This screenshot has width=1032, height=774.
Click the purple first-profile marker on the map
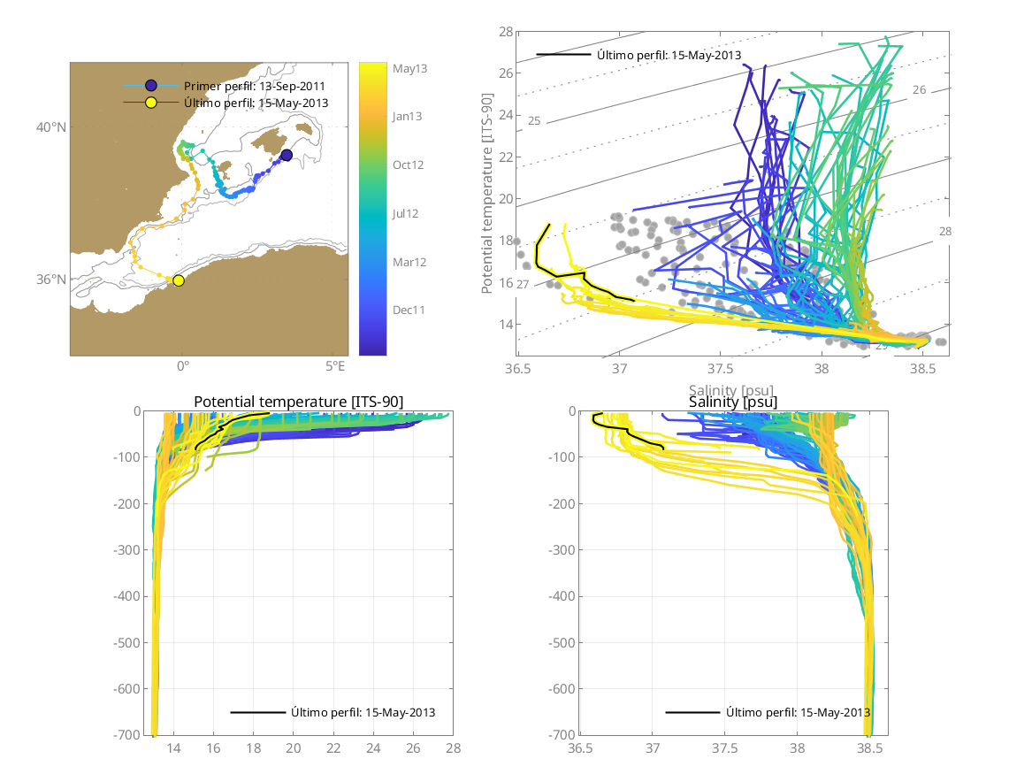tap(287, 156)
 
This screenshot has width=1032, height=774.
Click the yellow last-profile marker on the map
tap(179, 280)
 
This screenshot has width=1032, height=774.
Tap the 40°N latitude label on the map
tap(51, 127)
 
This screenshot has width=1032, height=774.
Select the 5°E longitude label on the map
tap(334, 365)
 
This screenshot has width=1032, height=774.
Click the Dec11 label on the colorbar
tap(408, 310)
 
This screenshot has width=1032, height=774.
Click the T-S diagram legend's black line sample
tap(563, 55)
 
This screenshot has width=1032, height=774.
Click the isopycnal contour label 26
tap(919, 90)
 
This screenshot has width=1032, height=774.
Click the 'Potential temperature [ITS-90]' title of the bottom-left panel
tap(298, 402)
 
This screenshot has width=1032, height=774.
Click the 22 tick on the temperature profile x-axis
tap(333, 748)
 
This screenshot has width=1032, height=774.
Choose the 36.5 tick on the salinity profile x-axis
tap(580, 748)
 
